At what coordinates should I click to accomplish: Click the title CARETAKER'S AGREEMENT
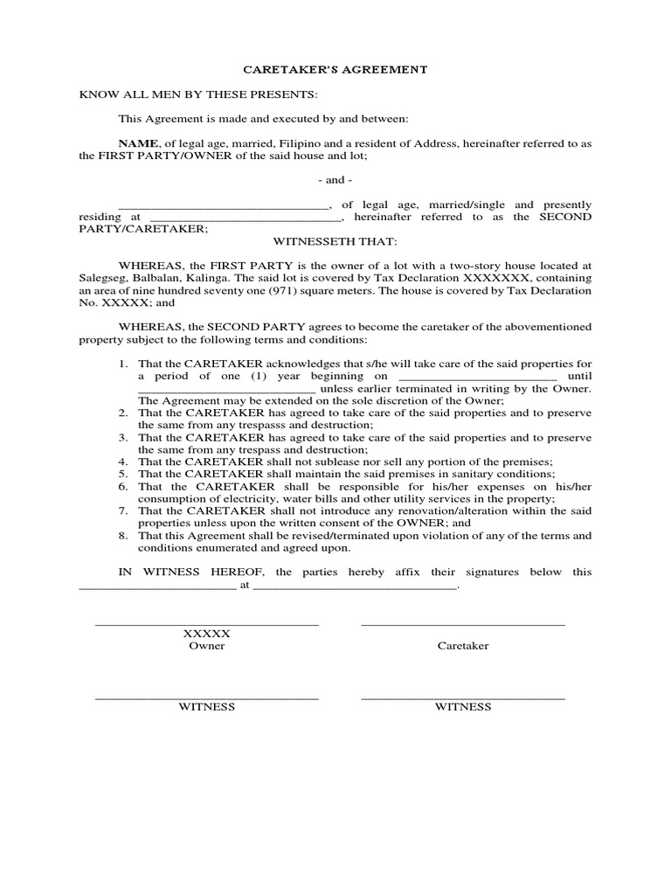(335, 69)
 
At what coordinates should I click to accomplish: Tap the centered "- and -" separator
(335, 180)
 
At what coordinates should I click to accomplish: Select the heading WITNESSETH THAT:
(335, 240)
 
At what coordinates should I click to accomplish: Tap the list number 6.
(124, 486)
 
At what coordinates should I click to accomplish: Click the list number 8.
(124, 535)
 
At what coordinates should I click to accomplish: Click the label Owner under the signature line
(206, 646)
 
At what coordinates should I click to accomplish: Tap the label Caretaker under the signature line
(463, 646)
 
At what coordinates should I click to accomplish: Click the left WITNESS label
(206, 707)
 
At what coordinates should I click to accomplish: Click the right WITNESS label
(463, 707)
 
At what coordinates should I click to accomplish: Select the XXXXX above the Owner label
(206, 633)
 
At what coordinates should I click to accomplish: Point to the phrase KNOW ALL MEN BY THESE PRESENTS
(198, 94)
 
